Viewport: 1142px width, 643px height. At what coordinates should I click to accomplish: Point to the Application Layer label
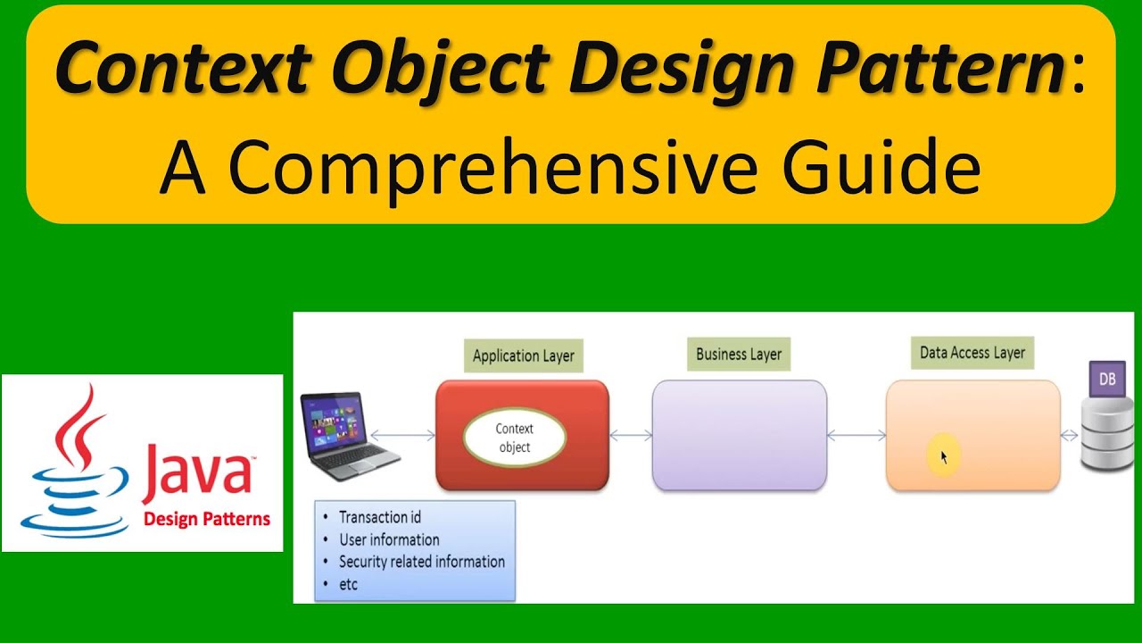(x=524, y=355)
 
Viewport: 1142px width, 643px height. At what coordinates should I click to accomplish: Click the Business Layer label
(x=739, y=354)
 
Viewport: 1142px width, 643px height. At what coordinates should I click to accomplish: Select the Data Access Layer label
(x=972, y=353)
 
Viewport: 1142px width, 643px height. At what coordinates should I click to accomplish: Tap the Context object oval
(x=515, y=438)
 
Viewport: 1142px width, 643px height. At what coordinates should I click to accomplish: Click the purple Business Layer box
(x=739, y=435)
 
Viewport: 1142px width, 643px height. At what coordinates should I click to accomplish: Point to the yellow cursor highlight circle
(x=943, y=456)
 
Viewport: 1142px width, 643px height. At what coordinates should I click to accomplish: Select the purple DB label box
(x=1107, y=379)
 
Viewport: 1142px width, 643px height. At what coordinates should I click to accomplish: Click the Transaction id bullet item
(x=379, y=517)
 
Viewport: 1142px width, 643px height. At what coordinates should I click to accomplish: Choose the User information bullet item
(x=389, y=539)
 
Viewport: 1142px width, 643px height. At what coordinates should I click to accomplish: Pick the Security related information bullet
(x=421, y=562)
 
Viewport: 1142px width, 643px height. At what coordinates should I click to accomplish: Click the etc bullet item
(x=348, y=584)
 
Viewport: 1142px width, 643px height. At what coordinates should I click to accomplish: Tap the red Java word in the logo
(x=196, y=473)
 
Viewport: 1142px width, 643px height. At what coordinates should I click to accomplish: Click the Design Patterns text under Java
(x=207, y=519)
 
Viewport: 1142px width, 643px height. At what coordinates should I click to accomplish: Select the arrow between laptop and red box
(x=402, y=436)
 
